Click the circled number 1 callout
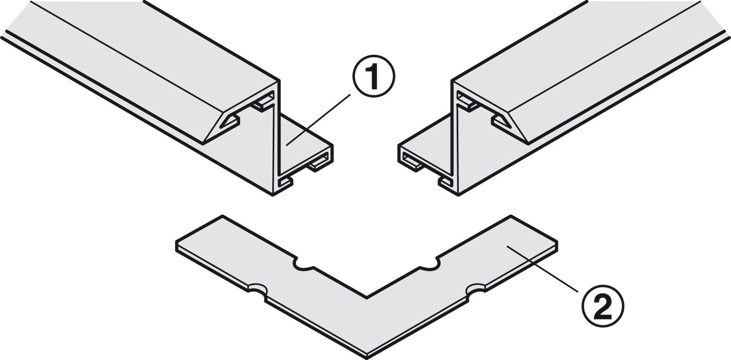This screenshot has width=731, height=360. (374, 76)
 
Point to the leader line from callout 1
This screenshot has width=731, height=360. (318, 119)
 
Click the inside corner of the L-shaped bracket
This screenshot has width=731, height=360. (366, 297)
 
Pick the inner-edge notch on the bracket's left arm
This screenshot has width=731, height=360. (304, 264)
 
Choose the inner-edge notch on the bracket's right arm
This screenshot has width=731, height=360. (429, 264)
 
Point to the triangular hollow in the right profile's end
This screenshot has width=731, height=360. (502, 122)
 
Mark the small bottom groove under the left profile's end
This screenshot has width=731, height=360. (285, 183)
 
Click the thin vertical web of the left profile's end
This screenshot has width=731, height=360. (276, 137)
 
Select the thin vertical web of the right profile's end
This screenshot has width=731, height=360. (455, 137)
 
